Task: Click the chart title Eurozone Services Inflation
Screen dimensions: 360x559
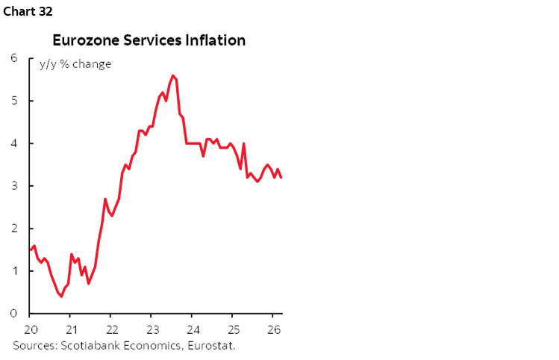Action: click(149, 40)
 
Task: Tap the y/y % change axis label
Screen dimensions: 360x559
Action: click(75, 64)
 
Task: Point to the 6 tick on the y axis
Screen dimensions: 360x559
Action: click(14, 58)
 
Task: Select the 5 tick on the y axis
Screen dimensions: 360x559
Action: click(14, 101)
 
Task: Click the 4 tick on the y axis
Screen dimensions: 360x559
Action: click(14, 143)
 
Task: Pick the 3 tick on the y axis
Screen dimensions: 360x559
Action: click(14, 186)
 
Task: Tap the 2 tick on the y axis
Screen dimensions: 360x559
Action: click(14, 229)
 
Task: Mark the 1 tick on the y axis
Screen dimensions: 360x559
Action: click(14, 271)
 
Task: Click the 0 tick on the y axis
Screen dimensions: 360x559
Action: click(14, 314)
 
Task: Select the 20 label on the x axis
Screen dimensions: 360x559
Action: click(31, 329)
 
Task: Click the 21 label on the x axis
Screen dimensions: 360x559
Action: click(70, 329)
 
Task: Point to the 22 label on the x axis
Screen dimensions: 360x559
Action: click(110, 329)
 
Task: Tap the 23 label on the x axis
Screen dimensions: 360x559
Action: click(151, 329)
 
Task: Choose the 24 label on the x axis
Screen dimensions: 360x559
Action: click(191, 329)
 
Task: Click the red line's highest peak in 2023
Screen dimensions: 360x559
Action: click(172, 75)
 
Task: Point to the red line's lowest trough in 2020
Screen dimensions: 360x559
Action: click(60, 297)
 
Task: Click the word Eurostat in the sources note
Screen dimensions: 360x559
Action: click(222, 345)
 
